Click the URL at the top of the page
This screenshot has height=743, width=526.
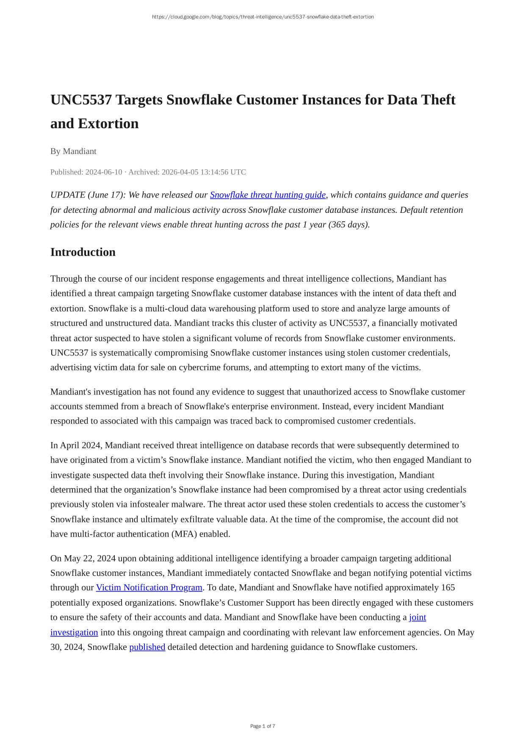point(263,17)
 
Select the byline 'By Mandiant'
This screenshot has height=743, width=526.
point(73,151)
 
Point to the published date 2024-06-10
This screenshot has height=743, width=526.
point(104,172)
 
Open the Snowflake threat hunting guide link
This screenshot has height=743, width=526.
point(268,195)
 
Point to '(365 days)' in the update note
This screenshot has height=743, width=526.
point(349,225)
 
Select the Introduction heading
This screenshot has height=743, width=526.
point(83,252)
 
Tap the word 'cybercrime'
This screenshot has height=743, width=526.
point(202,367)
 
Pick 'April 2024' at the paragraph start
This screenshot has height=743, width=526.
point(80,446)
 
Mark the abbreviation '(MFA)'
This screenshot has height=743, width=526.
point(184,534)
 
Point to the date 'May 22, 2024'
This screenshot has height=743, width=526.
point(90,559)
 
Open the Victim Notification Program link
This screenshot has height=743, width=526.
point(149,588)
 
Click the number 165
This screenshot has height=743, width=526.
point(448,588)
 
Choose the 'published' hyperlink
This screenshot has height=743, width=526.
point(147,647)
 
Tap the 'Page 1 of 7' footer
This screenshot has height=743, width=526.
point(263,726)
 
